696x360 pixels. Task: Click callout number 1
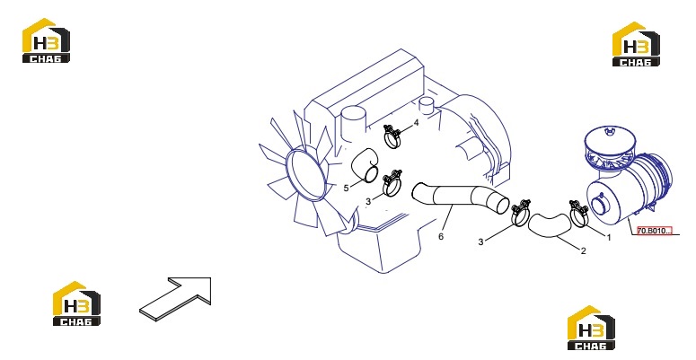pyautogui.click(x=609, y=238)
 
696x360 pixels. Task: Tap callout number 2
pyautogui.click(x=584, y=250)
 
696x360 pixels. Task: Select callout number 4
pyautogui.click(x=416, y=122)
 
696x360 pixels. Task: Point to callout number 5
pyautogui.click(x=347, y=189)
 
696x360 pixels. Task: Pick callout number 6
pyautogui.click(x=441, y=237)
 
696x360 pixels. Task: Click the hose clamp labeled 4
pyautogui.click(x=392, y=136)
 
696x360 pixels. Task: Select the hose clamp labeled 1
pyautogui.click(x=579, y=213)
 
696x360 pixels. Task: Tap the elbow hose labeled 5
pyautogui.click(x=364, y=165)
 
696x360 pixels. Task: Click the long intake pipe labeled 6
pyautogui.click(x=460, y=198)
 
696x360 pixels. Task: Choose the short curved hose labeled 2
pyautogui.click(x=549, y=224)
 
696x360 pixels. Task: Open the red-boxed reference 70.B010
pyautogui.click(x=655, y=231)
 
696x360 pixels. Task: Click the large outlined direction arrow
pyautogui.click(x=176, y=297)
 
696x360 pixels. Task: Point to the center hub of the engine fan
pyautogui.click(x=306, y=175)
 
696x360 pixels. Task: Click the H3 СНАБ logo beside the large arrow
pyautogui.click(x=76, y=303)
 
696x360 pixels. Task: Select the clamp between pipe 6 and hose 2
pyautogui.click(x=520, y=213)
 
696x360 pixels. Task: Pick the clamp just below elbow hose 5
pyautogui.click(x=392, y=182)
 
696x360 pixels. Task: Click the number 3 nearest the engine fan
pyautogui.click(x=368, y=202)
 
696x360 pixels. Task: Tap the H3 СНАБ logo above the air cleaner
pyautogui.click(x=636, y=44)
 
